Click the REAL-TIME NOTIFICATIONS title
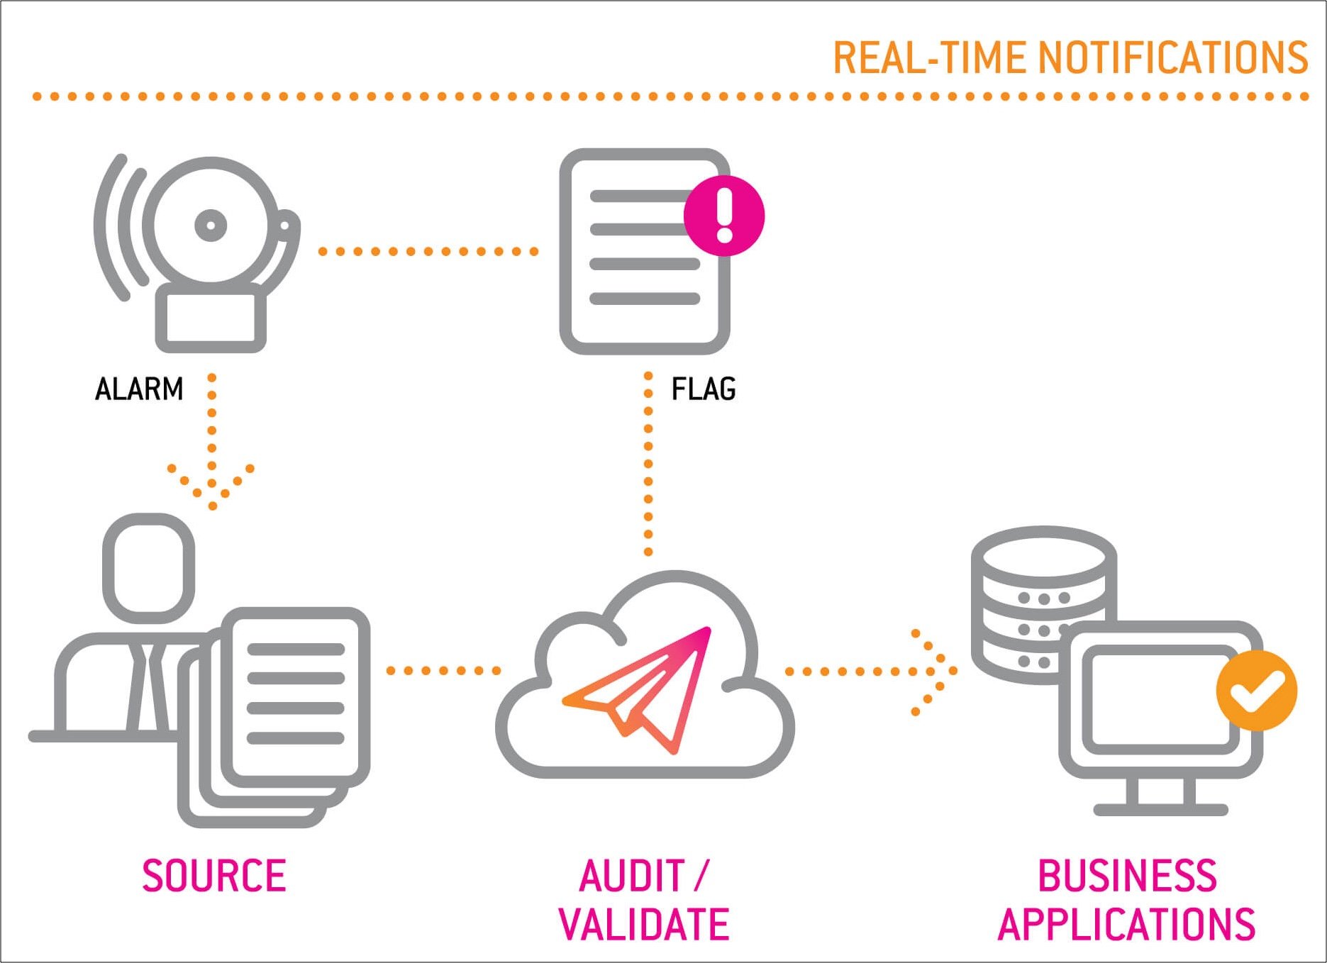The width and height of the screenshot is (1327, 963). (x=1070, y=57)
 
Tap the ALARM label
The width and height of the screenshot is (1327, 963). (x=139, y=389)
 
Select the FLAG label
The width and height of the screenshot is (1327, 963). (x=704, y=389)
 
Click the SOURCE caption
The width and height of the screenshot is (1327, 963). (x=214, y=875)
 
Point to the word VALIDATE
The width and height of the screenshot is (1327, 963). (x=644, y=924)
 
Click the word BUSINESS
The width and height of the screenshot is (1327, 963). (x=1127, y=875)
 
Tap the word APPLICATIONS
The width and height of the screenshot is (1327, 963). (x=1126, y=924)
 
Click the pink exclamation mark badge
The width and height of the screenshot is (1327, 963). (x=724, y=216)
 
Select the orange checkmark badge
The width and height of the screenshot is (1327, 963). (x=1256, y=690)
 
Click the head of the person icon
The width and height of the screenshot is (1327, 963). (x=149, y=563)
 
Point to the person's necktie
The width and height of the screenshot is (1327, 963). (x=147, y=688)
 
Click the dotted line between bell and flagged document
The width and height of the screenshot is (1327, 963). (x=428, y=251)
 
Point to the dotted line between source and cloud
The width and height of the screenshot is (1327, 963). (x=443, y=671)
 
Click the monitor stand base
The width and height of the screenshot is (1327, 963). (x=1160, y=809)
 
